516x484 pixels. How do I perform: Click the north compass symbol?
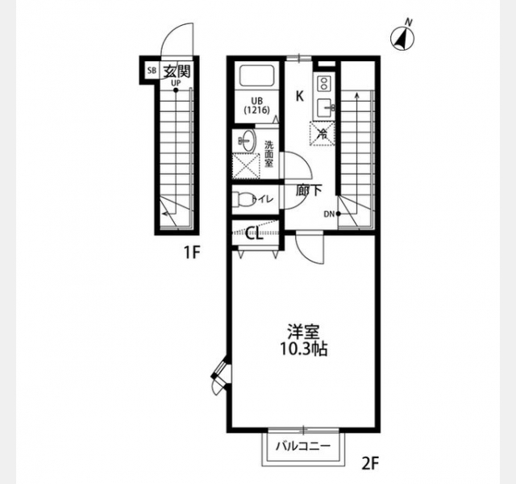[x=402, y=39]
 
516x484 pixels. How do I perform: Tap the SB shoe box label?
[x=152, y=70]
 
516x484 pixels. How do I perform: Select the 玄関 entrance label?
[x=177, y=71]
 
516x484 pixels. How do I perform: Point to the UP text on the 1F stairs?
[x=176, y=83]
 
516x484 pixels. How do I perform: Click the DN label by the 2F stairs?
[x=329, y=215]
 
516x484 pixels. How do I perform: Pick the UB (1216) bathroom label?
[x=256, y=106]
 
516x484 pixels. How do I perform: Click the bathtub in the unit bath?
[x=257, y=76]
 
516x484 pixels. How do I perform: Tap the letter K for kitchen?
[x=299, y=97]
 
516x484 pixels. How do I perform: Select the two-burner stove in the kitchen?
[x=324, y=83]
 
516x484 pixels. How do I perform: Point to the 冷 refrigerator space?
[x=322, y=134]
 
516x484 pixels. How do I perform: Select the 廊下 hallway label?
[x=308, y=190]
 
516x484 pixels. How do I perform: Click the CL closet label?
[x=255, y=234]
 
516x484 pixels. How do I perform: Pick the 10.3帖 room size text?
[x=303, y=349]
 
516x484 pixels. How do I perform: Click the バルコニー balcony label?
[x=303, y=446]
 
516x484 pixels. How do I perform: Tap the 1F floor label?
[x=192, y=252]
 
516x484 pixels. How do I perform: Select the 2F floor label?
[x=371, y=465]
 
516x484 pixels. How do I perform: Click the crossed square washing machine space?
[x=247, y=166]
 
